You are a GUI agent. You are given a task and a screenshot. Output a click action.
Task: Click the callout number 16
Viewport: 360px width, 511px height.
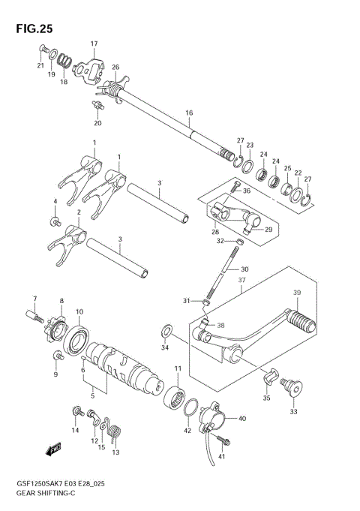pyautogui.click(x=189, y=113)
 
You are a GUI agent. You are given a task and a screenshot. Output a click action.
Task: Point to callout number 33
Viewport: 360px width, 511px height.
pyautogui.click(x=292, y=411)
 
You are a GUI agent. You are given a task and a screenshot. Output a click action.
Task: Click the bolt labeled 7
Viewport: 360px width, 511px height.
pyautogui.click(x=36, y=317)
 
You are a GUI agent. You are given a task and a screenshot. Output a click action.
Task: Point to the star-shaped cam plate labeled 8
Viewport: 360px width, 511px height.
pyautogui.click(x=58, y=329)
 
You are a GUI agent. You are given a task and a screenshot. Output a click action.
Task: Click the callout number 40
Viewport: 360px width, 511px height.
pyautogui.click(x=240, y=419)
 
